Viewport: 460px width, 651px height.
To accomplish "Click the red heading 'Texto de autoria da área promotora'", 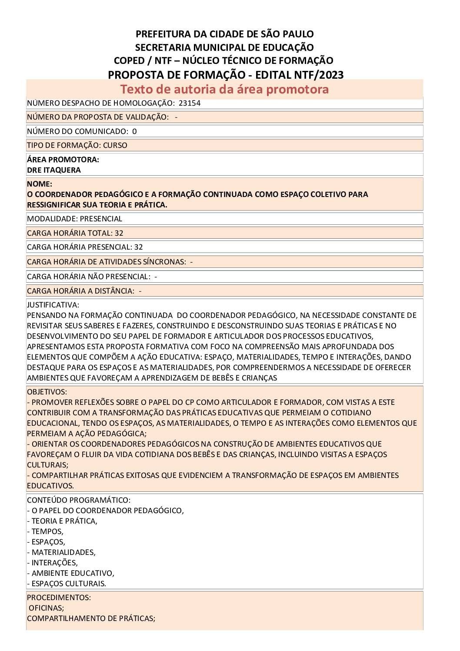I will [224, 89].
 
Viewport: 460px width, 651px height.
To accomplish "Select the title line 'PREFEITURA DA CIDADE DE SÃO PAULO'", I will [224, 34].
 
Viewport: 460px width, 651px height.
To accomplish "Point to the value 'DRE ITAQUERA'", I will [54, 170].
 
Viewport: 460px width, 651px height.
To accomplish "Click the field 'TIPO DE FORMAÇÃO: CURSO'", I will [77, 145].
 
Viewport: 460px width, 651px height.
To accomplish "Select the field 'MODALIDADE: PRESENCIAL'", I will [74, 219].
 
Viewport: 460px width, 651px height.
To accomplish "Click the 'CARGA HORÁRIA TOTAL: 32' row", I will [75, 233].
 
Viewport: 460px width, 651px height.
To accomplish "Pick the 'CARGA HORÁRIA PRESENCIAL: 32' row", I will [85, 247].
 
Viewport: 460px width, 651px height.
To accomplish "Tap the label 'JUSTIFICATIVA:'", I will [53, 305].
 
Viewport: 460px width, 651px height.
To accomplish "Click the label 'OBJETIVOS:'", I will [47, 392].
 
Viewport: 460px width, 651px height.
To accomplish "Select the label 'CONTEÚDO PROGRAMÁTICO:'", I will [79, 500].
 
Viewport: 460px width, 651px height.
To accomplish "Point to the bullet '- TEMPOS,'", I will [45, 531].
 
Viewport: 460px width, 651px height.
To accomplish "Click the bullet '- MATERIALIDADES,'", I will [61, 552].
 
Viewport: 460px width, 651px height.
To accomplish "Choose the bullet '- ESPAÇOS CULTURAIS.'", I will [67, 584].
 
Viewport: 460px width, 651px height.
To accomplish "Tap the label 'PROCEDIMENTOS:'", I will [59, 598].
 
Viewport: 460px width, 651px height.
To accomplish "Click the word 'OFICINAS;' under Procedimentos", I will [46, 608].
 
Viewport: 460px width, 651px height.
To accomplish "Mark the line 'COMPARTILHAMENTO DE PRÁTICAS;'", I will [91, 618].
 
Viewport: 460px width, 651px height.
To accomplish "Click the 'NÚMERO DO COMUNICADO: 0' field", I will [82, 131].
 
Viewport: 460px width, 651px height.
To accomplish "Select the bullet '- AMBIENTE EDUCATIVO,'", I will [70, 573].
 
